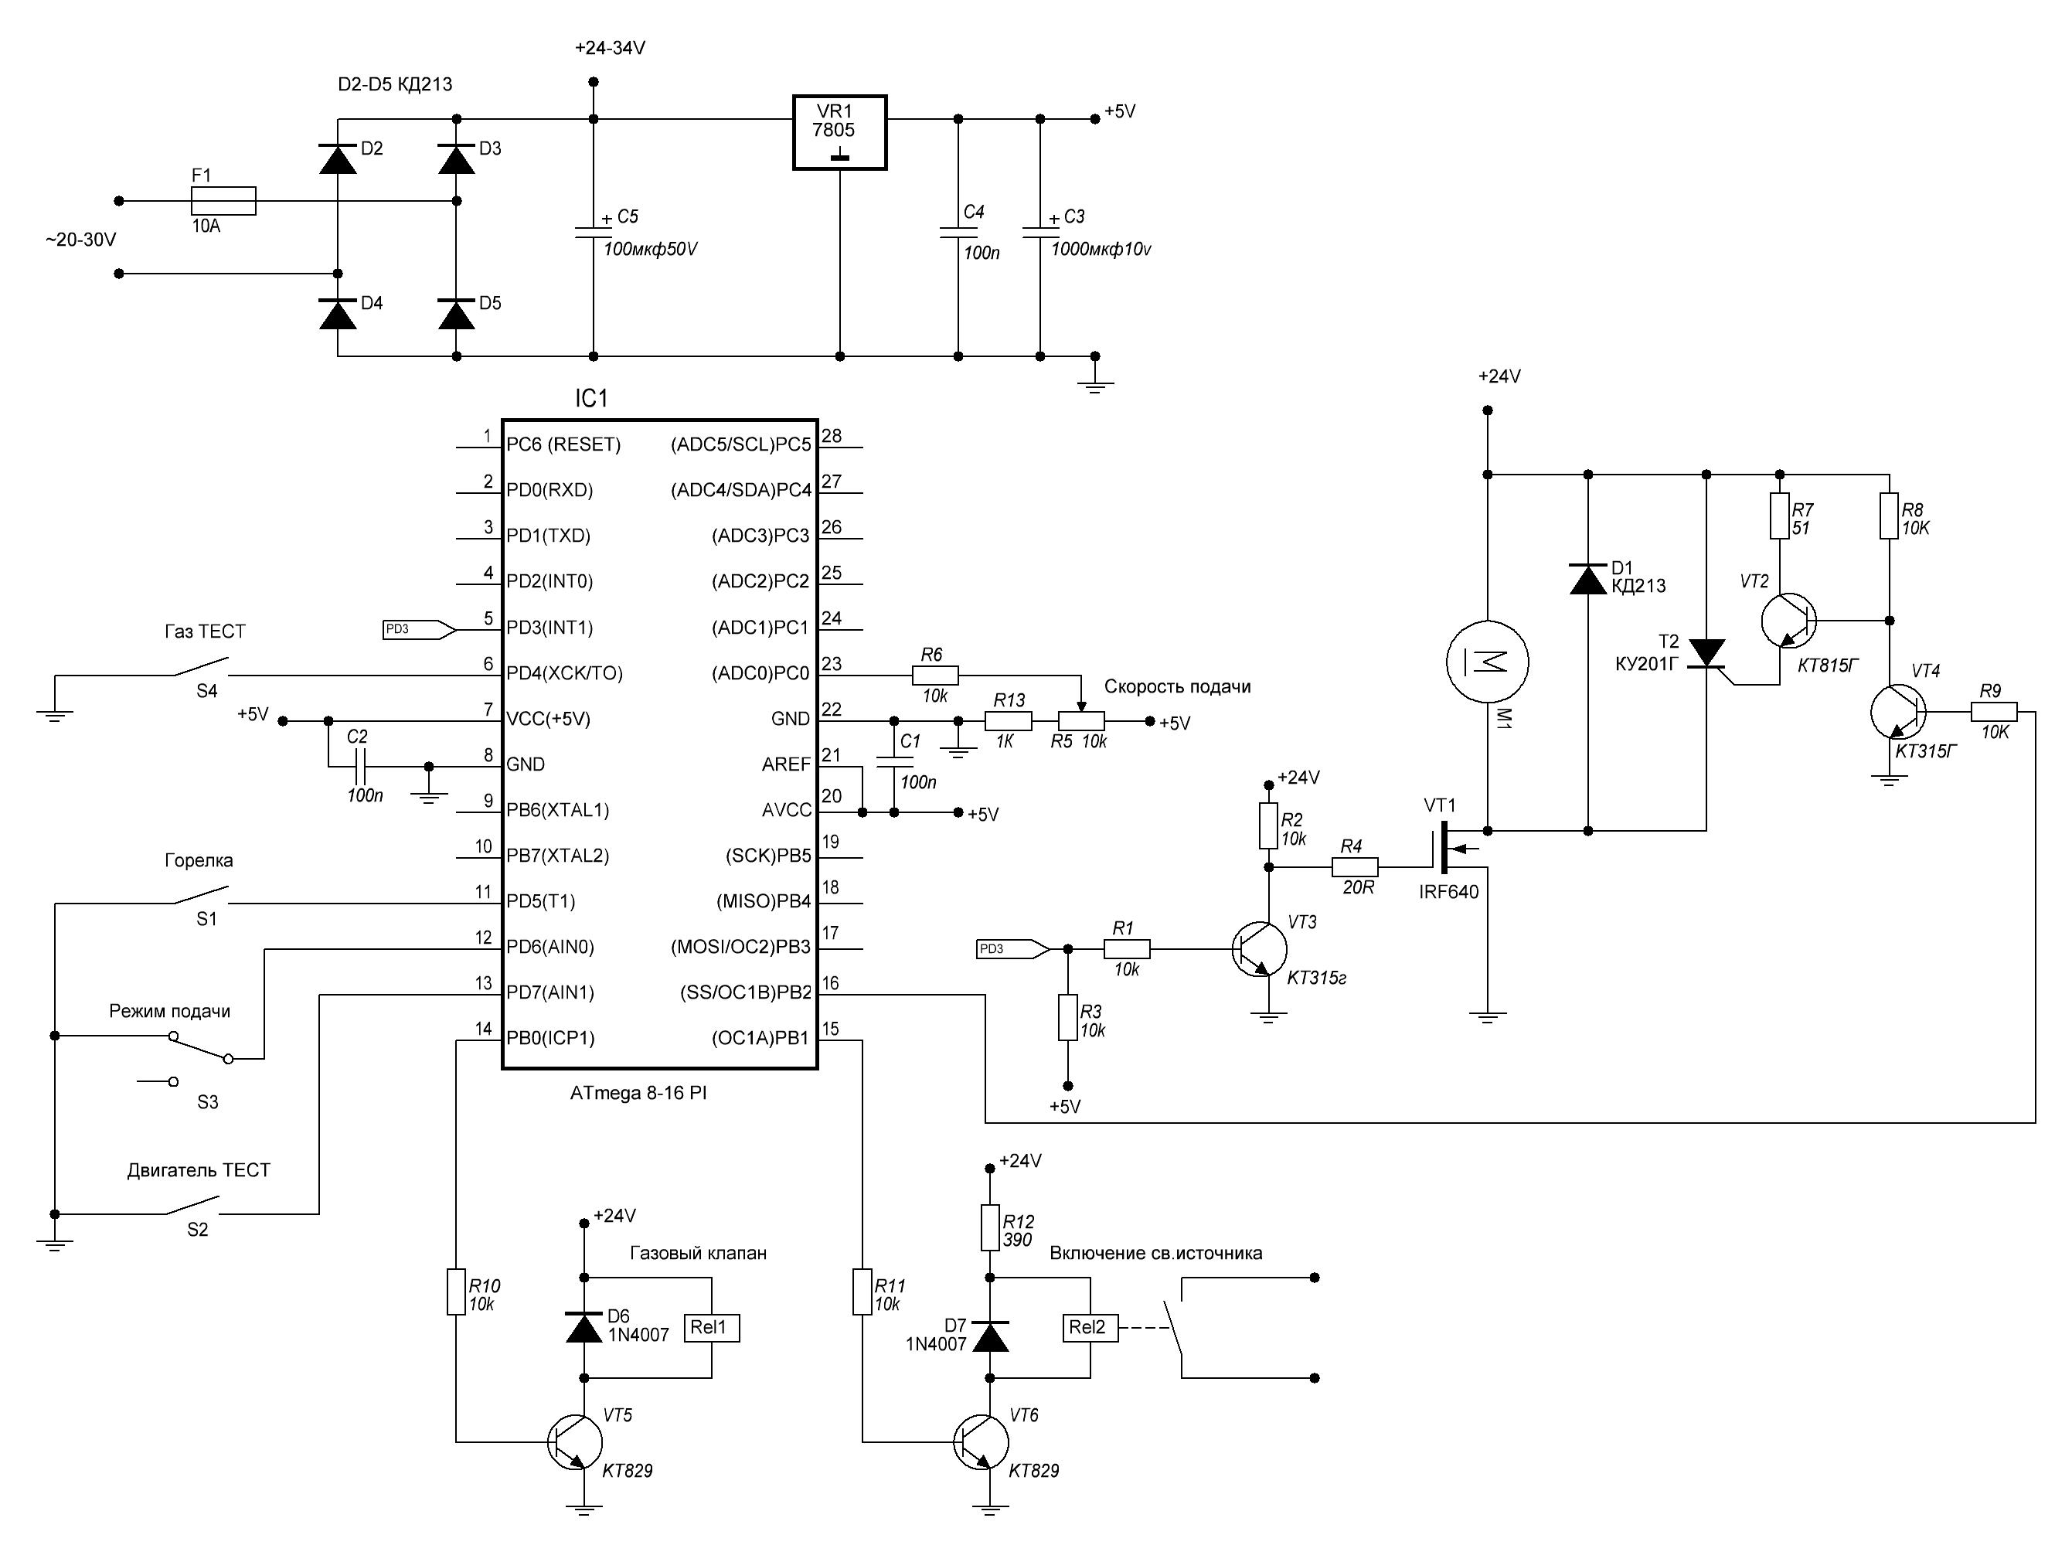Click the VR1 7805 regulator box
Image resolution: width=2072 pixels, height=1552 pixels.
point(839,132)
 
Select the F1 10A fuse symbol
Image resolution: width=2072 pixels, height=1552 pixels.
point(223,200)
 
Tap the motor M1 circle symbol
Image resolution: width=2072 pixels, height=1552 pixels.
point(1488,662)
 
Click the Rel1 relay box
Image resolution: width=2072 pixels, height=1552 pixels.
point(711,1328)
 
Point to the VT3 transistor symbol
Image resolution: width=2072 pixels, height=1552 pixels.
point(1259,949)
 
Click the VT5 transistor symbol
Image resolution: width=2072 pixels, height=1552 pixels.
point(574,1442)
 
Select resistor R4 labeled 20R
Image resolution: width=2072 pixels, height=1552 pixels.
point(1355,867)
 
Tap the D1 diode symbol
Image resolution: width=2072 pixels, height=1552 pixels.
point(1587,579)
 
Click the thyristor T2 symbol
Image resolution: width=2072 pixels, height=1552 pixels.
point(1706,653)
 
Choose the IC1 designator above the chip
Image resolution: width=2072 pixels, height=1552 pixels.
point(591,399)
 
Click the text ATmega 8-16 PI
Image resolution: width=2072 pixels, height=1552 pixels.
point(638,1093)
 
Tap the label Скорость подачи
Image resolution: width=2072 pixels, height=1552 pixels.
point(1176,686)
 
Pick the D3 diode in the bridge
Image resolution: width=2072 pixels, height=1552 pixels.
point(456,160)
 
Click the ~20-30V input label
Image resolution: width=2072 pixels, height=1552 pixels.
point(80,240)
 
